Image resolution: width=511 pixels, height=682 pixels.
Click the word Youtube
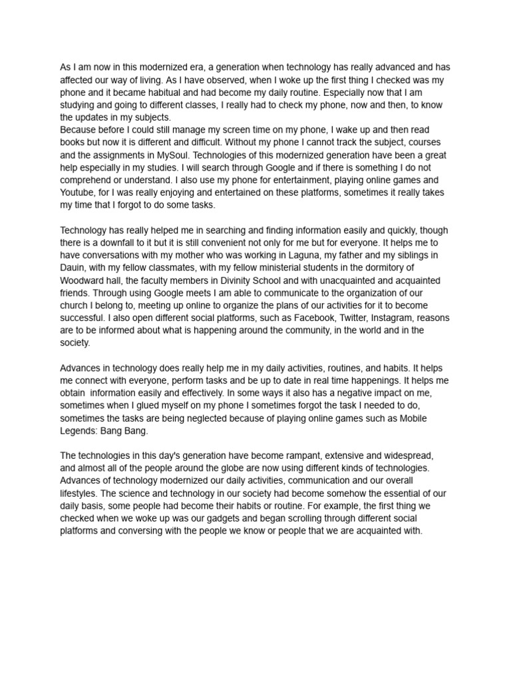pos(78,192)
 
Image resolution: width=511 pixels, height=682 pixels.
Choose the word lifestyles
pos(80,494)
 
